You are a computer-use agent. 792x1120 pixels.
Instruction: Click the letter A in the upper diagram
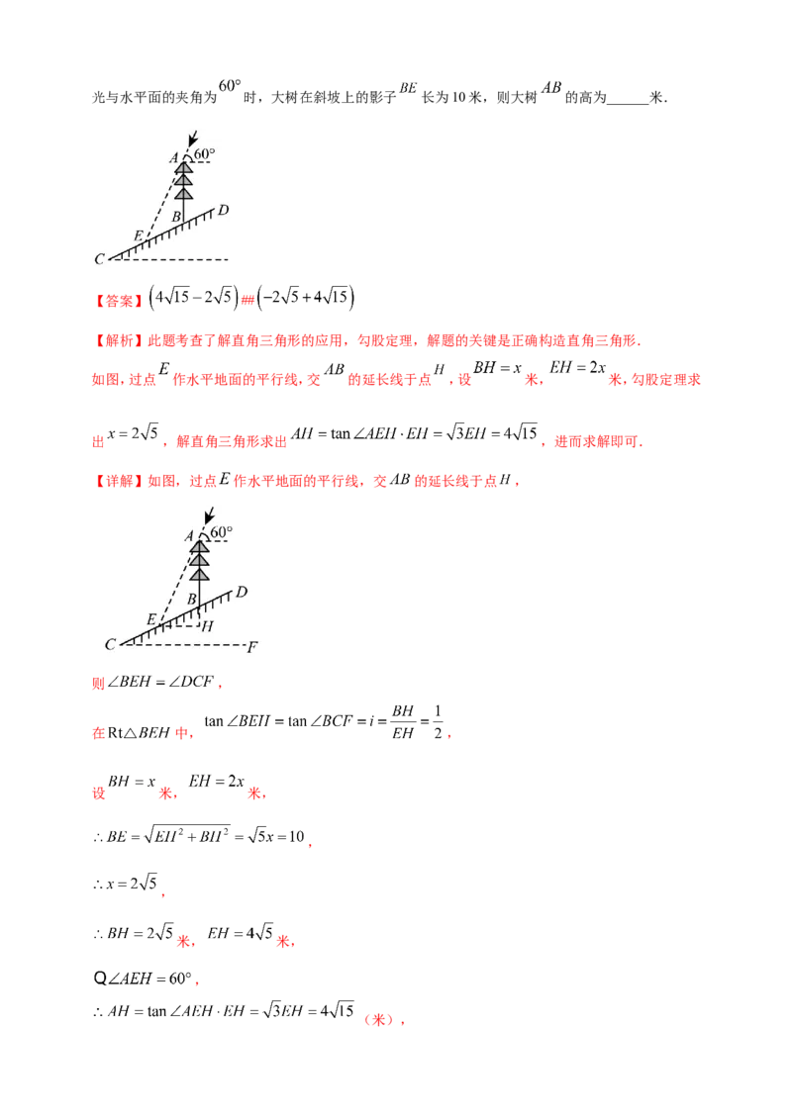(x=173, y=157)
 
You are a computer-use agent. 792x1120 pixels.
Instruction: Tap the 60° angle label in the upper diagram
(x=204, y=155)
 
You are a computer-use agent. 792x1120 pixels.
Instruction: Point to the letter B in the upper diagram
(x=176, y=216)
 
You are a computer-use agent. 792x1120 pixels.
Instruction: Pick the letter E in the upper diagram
(x=138, y=236)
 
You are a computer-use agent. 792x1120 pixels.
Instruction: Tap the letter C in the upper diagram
(x=99, y=259)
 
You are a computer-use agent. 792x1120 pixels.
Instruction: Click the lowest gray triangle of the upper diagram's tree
(x=183, y=192)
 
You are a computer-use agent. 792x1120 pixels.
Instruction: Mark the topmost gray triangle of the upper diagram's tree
(x=183, y=167)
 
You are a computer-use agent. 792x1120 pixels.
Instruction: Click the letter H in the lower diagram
(x=206, y=625)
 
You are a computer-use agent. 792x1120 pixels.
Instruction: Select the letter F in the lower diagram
(x=252, y=647)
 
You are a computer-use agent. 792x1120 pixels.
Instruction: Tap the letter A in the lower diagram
(x=188, y=535)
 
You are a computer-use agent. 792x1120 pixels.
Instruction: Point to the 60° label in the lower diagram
(x=222, y=532)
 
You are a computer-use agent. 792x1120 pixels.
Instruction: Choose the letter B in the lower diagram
(x=191, y=599)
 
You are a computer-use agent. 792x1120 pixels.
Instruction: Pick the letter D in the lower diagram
(x=241, y=592)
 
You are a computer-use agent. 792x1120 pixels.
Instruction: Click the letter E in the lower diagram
(x=150, y=619)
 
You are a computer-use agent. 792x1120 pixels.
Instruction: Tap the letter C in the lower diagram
(x=110, y=645)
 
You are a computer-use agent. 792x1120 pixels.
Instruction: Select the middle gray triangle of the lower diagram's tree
(x=199, y=560)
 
